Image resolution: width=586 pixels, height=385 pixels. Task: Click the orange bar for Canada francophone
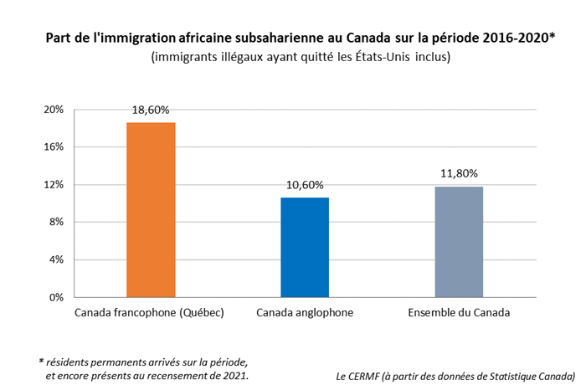coord(151,209)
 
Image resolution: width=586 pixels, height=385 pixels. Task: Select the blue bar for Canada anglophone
coord(305,247)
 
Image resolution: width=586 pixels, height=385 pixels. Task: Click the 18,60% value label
coord(151,110)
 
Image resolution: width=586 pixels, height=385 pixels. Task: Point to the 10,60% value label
coord(305,185)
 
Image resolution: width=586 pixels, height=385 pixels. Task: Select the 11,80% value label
coord(459,174)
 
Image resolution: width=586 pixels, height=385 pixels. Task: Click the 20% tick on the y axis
coord(54,110)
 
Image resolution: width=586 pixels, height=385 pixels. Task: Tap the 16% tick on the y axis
coord(54,147)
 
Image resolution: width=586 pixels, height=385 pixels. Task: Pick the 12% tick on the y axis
coord(54,185)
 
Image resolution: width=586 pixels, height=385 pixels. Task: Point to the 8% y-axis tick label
coord(56,223)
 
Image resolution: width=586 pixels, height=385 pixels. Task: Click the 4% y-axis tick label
coord(56,259)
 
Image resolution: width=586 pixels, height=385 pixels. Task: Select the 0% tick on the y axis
coord(56,297)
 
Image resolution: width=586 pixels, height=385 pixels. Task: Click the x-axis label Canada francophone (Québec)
coord(150,314)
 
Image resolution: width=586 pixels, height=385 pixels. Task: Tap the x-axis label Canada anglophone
coord(305,314)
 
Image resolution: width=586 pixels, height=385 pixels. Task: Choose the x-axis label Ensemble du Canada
coord(459,314)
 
